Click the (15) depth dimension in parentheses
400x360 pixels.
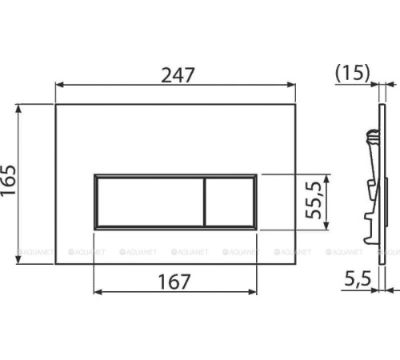pyautogui.click(x=352, y=73)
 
